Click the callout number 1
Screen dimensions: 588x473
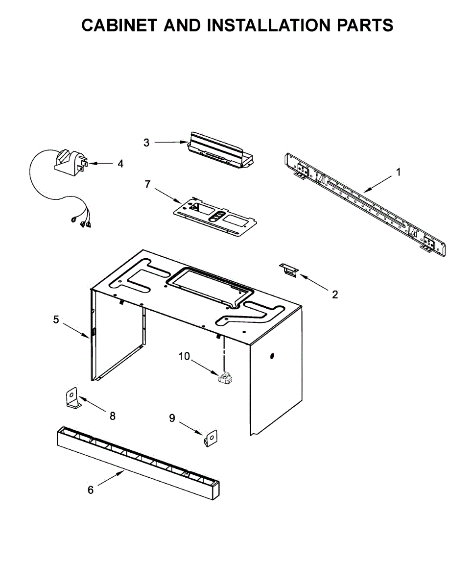(399, 172)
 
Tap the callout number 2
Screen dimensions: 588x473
(335, 294)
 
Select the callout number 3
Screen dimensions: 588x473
(146, 143)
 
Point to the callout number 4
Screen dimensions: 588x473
(120, 164)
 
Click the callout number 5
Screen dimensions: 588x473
(56, 319)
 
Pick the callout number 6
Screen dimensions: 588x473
(91, 490)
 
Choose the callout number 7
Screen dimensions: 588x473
(147, 184)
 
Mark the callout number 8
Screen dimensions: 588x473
(113, 416)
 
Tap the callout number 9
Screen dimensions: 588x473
(172, 417)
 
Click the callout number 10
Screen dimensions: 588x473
(184, 356)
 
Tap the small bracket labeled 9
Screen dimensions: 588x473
(211, 438)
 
